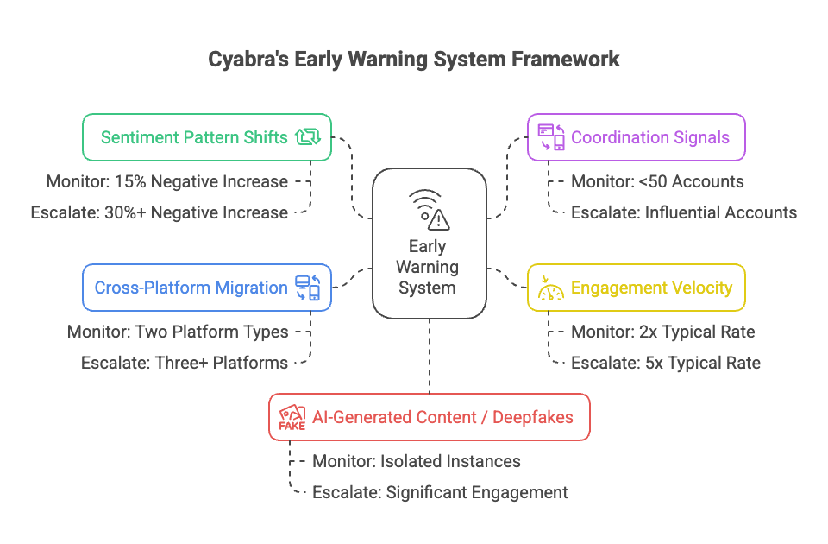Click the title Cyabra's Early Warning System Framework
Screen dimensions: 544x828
(414, 60)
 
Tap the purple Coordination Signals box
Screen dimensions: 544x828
(636, 136)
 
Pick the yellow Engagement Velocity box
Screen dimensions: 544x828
(636, 288)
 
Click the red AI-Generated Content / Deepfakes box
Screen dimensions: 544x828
(429, 418)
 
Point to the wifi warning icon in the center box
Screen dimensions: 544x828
(429, 209)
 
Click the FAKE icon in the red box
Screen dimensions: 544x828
(292, 418)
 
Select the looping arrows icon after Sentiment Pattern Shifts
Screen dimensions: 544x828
(307, 136)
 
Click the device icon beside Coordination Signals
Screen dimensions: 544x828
(551, 136)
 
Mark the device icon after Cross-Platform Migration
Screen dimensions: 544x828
(307, 288)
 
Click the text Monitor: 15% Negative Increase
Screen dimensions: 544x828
(166, 181)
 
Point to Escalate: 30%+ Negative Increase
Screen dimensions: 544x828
(159, 212)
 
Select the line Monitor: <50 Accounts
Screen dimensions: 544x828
(657, 181)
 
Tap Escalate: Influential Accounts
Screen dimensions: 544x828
(683, 212)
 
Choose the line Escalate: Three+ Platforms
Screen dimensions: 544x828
(185, 363)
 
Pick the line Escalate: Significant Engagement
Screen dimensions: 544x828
(440, 492)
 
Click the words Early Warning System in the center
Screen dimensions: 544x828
(429, 267)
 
